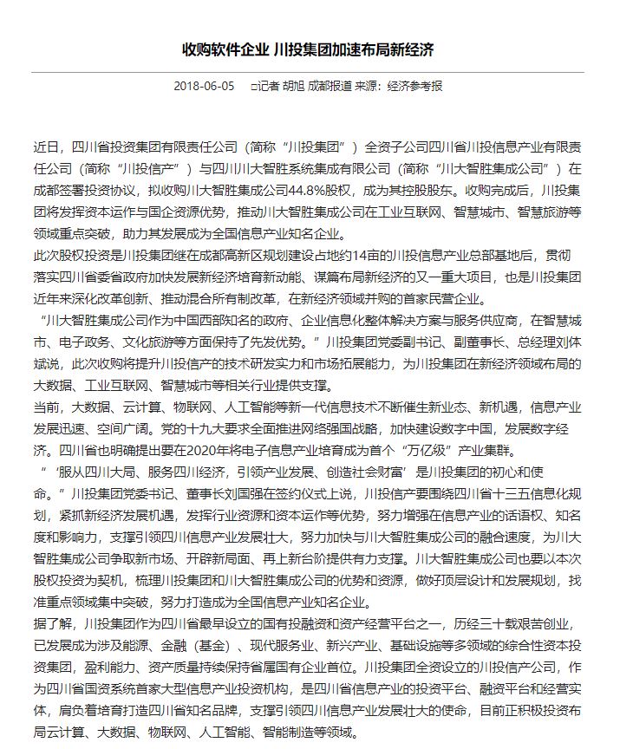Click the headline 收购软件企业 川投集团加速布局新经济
(x=309, y=49)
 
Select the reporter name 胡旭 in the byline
(x=295, y=87)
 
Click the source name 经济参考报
(x=415, y=87)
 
